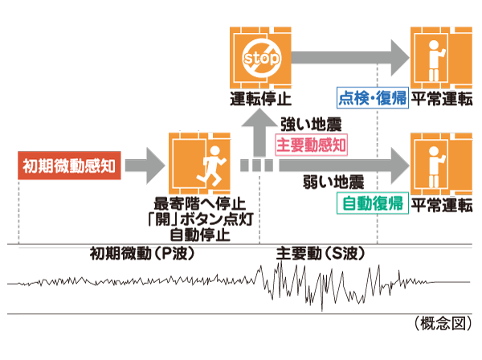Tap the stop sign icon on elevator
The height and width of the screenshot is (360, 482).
click(259, 58)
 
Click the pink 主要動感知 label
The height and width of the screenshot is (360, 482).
click(311, 145)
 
